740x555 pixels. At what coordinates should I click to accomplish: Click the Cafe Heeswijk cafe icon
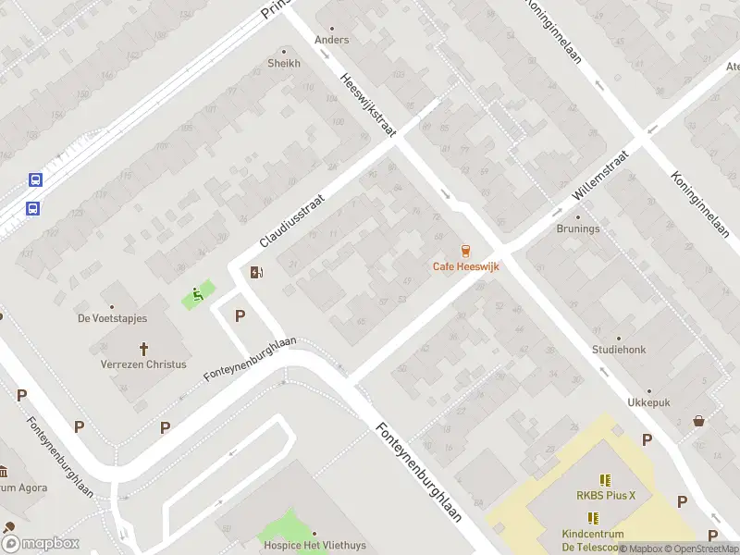click(x=465, y=251)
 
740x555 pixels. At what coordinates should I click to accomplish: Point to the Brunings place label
click(x=577, y=228)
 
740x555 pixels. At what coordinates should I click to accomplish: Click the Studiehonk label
click(x=619, y=350)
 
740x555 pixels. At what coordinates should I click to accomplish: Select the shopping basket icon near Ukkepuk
click(x=698, y=421)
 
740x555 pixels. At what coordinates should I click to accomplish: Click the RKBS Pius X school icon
click(x=606, y=480)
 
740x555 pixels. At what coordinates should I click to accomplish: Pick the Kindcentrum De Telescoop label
click(x=592, y=540)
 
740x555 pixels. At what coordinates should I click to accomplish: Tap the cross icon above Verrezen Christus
click(x=143, y=349)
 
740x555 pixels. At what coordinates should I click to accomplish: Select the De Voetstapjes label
click(x=112, y=318)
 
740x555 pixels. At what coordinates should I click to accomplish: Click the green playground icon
click(x=197, y=296)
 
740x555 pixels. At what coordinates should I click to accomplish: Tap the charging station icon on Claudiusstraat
click(x=256, y=272)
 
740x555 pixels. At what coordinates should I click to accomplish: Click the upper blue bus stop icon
click(x=35, y=180)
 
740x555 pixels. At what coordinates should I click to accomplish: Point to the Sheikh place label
click(x=284, y=63)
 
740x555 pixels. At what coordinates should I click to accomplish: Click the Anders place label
click(x=332, y=40)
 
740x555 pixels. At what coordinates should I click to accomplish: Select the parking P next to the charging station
click(x=240, y=315)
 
